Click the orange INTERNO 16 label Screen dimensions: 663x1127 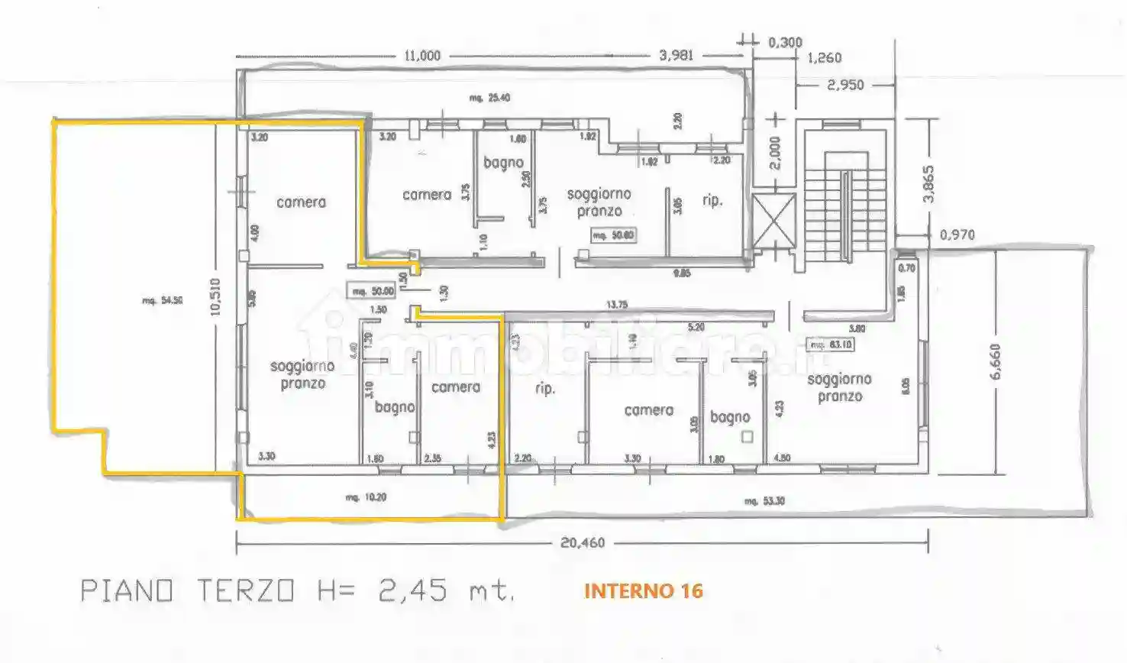[643, 591]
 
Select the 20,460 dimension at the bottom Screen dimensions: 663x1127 [583, 543]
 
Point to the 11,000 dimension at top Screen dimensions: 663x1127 [422, 56]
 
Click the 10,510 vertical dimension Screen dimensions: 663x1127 [216, 297]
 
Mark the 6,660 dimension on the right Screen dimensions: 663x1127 [994, 361]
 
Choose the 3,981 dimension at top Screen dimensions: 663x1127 [676, 56]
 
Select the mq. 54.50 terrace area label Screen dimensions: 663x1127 [162, 301]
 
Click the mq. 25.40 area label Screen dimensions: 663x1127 [489, 98]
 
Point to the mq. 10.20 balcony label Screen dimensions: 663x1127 [366, 497]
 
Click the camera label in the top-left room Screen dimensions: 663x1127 [301, 202]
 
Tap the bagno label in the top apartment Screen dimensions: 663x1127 [503, 163]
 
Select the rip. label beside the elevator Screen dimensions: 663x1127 [712, 201]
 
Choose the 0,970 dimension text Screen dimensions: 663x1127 [957, 234]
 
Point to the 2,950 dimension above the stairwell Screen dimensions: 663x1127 [845, 85]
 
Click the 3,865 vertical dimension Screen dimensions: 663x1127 [928, 183]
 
